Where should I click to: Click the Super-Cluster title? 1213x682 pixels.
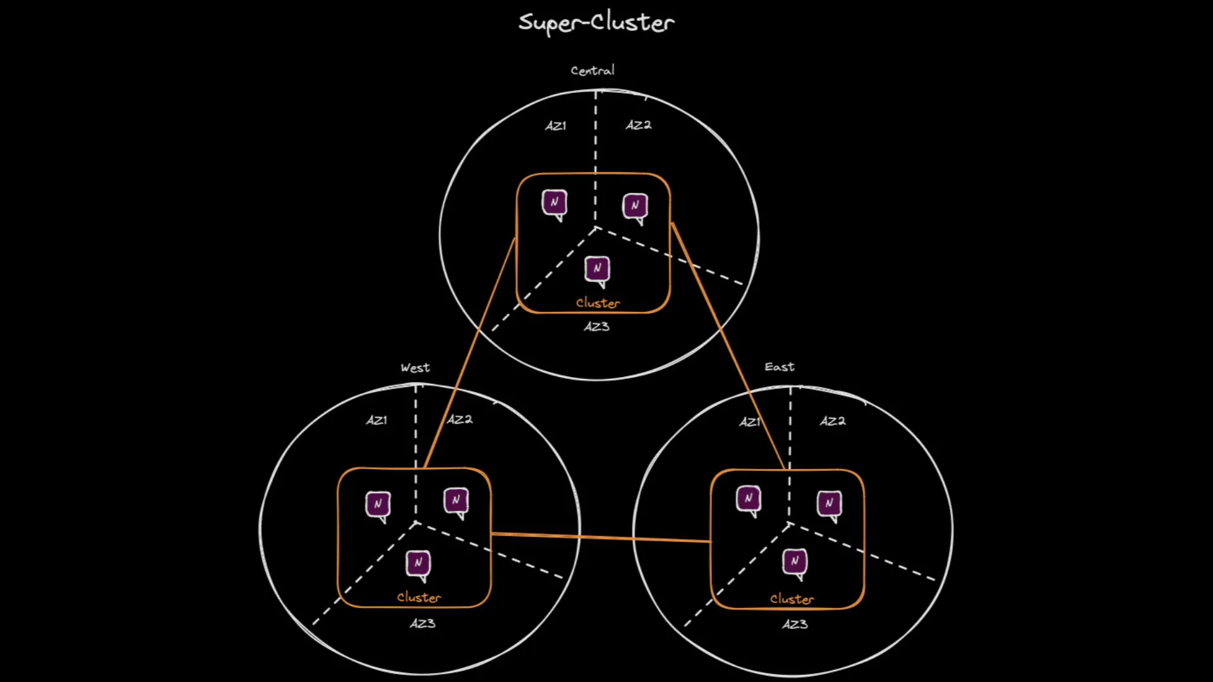[x=596, y=23]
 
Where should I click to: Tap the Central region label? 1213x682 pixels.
[x=592, y=70]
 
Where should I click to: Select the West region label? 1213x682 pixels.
[x=415, y=368]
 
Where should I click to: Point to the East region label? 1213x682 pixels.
[x=779, y=367]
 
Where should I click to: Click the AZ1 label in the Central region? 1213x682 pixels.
[x=556, y=126]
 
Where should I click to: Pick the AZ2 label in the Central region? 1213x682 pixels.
[x=639, y=125]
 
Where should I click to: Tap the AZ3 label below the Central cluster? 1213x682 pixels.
[x=596, y=326]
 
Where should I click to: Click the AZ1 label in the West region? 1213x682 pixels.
[x=377, y=420]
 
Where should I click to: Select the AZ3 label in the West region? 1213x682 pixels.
[x=422, y=623]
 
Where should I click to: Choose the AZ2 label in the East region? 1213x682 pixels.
[x=833, y=421]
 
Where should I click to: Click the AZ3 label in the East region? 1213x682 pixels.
[x=795, y=624]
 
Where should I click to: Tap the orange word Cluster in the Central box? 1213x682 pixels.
[x=598, y=303]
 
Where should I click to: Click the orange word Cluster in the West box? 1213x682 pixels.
[x=419, y=597]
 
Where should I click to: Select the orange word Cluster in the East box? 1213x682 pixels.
[x=792, y=599]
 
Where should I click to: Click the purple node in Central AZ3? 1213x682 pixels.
[x=597, y=269]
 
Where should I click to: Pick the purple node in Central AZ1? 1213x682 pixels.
[x=554, y=203]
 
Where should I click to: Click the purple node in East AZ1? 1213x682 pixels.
[x=749, y=499]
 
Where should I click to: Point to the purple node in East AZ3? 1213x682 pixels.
[x=795, y=561]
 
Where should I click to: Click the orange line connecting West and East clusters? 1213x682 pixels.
[x=600, y=537]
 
